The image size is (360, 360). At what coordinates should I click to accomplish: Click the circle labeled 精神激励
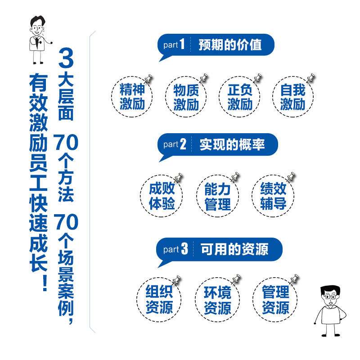(x=131, y=97)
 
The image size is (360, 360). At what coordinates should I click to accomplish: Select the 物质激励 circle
(x=186, y=97)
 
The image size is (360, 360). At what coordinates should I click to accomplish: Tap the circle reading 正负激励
(x=239, y=97)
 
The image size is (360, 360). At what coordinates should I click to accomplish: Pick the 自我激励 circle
(x=292, y=97)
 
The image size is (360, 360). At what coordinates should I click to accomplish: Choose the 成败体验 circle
(x=162, y=196)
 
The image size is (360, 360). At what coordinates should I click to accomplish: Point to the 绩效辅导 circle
(x=273, y=196)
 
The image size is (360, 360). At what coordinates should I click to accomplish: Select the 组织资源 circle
(x=159, y=300)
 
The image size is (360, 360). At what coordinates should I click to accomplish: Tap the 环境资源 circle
(x=217, y=300)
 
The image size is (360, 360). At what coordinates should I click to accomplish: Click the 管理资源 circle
(x=275, y=300)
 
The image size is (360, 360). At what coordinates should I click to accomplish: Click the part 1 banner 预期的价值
(x=216, y=45)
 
